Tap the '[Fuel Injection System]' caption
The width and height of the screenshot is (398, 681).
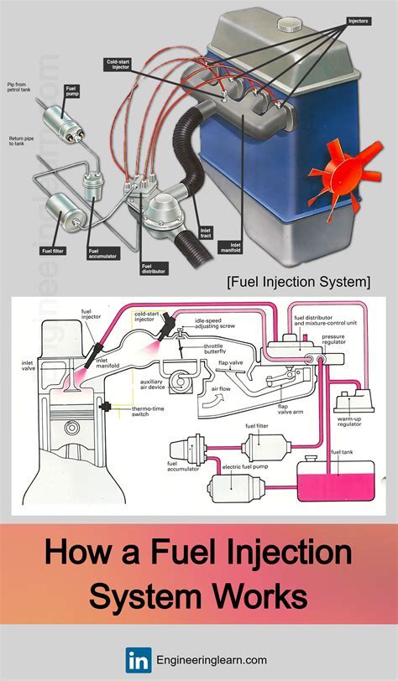299,281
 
